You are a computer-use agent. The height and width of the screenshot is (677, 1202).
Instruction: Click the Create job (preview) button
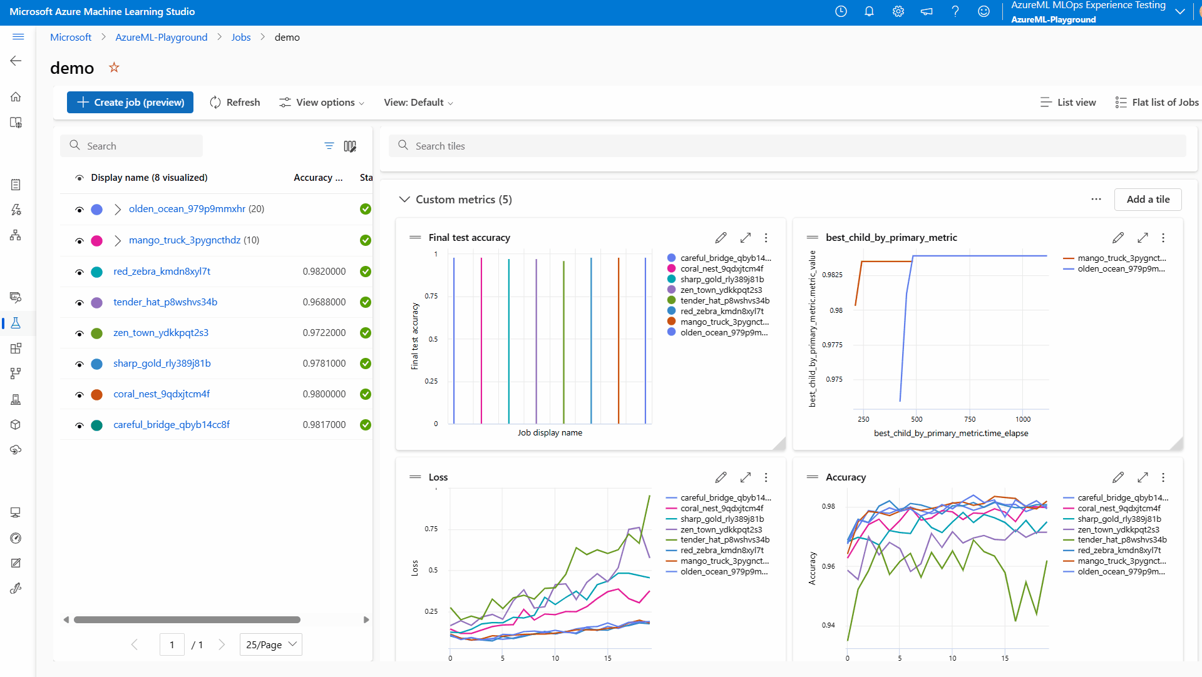130,103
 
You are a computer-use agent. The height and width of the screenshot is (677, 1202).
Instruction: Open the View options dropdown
322,103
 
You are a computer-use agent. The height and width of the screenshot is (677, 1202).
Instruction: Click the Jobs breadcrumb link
240,38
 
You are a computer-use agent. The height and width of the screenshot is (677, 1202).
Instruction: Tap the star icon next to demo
114,68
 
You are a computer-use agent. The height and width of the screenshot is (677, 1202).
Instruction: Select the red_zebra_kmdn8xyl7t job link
162,272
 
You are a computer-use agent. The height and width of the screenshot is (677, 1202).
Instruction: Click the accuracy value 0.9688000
324,302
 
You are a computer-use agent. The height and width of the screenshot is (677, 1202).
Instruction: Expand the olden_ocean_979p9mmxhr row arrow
118,209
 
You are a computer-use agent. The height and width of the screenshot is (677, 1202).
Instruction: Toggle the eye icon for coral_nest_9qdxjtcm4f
80,395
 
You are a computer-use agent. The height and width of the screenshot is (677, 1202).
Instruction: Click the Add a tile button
1148,200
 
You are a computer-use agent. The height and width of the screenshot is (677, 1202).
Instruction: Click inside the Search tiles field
789,146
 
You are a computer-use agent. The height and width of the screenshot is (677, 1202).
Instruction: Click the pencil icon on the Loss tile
721,477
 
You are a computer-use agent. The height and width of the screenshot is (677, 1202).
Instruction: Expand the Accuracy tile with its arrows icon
1143,477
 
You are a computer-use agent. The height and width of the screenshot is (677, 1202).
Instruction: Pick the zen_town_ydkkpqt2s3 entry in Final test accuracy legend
721,290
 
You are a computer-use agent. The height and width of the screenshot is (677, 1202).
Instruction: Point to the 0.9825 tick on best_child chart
832,275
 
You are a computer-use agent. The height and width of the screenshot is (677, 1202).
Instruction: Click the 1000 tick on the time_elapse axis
1023,419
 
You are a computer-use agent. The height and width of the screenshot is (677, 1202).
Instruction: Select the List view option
1069,103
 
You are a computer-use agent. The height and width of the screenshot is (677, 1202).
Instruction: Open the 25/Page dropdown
271,644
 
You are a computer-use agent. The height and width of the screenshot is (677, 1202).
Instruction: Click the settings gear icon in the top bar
898,12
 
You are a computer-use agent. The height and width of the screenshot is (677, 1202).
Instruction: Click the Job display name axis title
550,433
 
